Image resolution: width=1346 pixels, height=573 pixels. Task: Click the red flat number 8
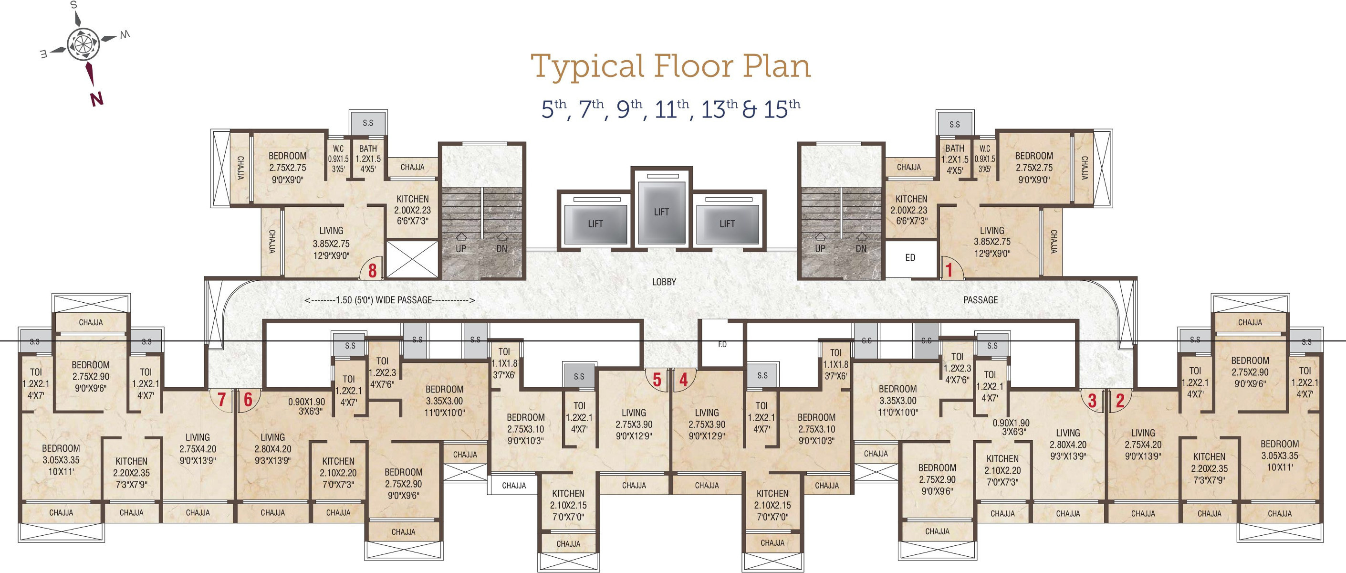pos(373,270)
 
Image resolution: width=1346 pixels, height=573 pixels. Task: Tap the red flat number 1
pos(949,270)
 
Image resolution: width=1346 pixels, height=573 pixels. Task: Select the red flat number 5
pos(657,380)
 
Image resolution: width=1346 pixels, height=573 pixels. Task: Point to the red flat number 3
pos(1092,401)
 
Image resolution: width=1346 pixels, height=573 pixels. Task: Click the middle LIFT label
pos(661,212)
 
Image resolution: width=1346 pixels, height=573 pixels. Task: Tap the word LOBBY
pos(664,282)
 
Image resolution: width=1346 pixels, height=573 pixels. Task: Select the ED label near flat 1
pos(910,258)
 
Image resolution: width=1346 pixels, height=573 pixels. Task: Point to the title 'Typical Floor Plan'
pos(671,66)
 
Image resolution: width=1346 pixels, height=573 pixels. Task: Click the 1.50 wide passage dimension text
pos(389,300)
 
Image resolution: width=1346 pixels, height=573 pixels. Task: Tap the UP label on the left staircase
pos(461,249)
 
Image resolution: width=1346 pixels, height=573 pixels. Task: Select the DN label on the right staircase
pos(861,249)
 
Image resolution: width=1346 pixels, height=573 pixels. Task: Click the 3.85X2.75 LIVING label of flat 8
pos(331,243)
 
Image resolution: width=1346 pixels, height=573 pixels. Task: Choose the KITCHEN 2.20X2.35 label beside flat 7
pos(132,473)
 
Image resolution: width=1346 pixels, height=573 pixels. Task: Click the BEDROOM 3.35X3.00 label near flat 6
pos(445,401)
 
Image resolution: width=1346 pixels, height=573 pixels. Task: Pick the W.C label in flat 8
pos(339,149)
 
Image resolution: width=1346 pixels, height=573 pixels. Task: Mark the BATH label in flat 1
pos(955,149)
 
